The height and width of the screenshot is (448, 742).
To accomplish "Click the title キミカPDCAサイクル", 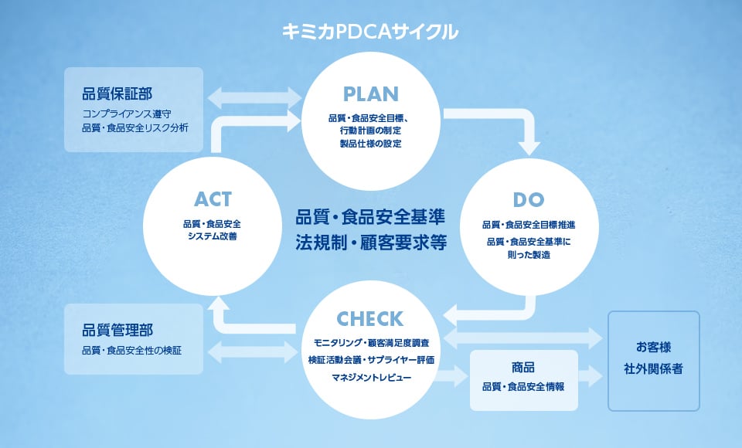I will coord(370,32).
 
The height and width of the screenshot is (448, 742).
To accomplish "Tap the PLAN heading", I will coord(370,94).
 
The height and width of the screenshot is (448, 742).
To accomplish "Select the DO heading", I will coord(529,200).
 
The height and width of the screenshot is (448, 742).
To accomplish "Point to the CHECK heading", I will coord(369,318).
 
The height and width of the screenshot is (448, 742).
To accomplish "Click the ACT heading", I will coord(213,199).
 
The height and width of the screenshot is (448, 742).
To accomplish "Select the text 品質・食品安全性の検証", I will coord(133,350).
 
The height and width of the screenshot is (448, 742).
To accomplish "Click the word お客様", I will coord(653,344).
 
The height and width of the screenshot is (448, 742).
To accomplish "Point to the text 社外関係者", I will coord(653,369).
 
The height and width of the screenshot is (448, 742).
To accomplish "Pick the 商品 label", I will coord(523,367).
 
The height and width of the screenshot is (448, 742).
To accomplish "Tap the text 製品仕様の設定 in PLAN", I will coord(370,143).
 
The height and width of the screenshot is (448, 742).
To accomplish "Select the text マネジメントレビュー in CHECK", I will coord(371,378).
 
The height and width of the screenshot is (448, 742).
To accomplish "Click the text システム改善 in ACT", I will coord(213,236).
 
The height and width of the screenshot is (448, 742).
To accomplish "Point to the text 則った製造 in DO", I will coord(529,255).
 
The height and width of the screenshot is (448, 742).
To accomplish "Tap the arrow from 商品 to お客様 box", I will coord(592,377).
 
